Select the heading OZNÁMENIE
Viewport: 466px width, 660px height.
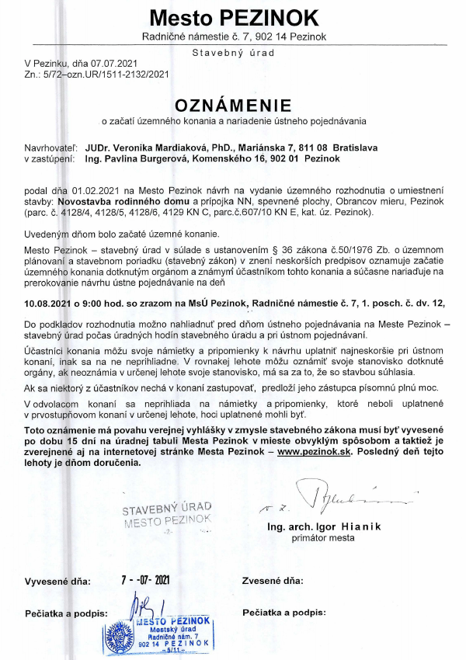pyautogui.click(x=233, y=105)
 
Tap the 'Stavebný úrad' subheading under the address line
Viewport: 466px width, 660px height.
pyautogui.click(x=232, y=54)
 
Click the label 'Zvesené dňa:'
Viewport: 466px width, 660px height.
pyautogui.click(x=273, y=581)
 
